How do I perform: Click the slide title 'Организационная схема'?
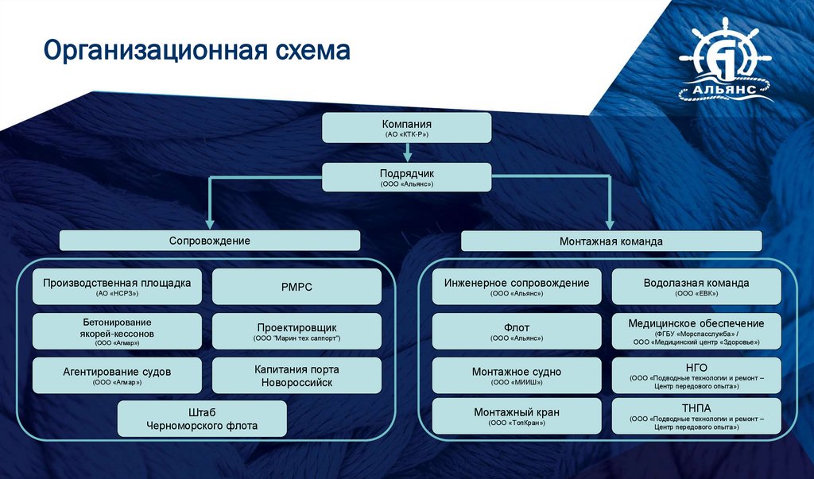(x=196, y=50)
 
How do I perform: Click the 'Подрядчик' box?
(x=406, y=176)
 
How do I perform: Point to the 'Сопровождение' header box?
(x=210, y=240)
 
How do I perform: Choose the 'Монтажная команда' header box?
(x=611, y=240)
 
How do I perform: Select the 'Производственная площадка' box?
(x=117, y=287)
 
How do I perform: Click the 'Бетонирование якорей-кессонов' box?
(x=117, y=331)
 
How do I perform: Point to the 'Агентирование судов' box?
(x=117, y=375)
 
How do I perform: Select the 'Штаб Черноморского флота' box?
(x=202, y=419)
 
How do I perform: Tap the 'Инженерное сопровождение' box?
(x=517, y=287)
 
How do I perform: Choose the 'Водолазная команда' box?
(x=696, y=287)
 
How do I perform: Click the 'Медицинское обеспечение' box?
(x=696, y=331)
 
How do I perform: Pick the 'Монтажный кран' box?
(x=517, y=416)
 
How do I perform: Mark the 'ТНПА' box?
(x=696, y=416)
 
